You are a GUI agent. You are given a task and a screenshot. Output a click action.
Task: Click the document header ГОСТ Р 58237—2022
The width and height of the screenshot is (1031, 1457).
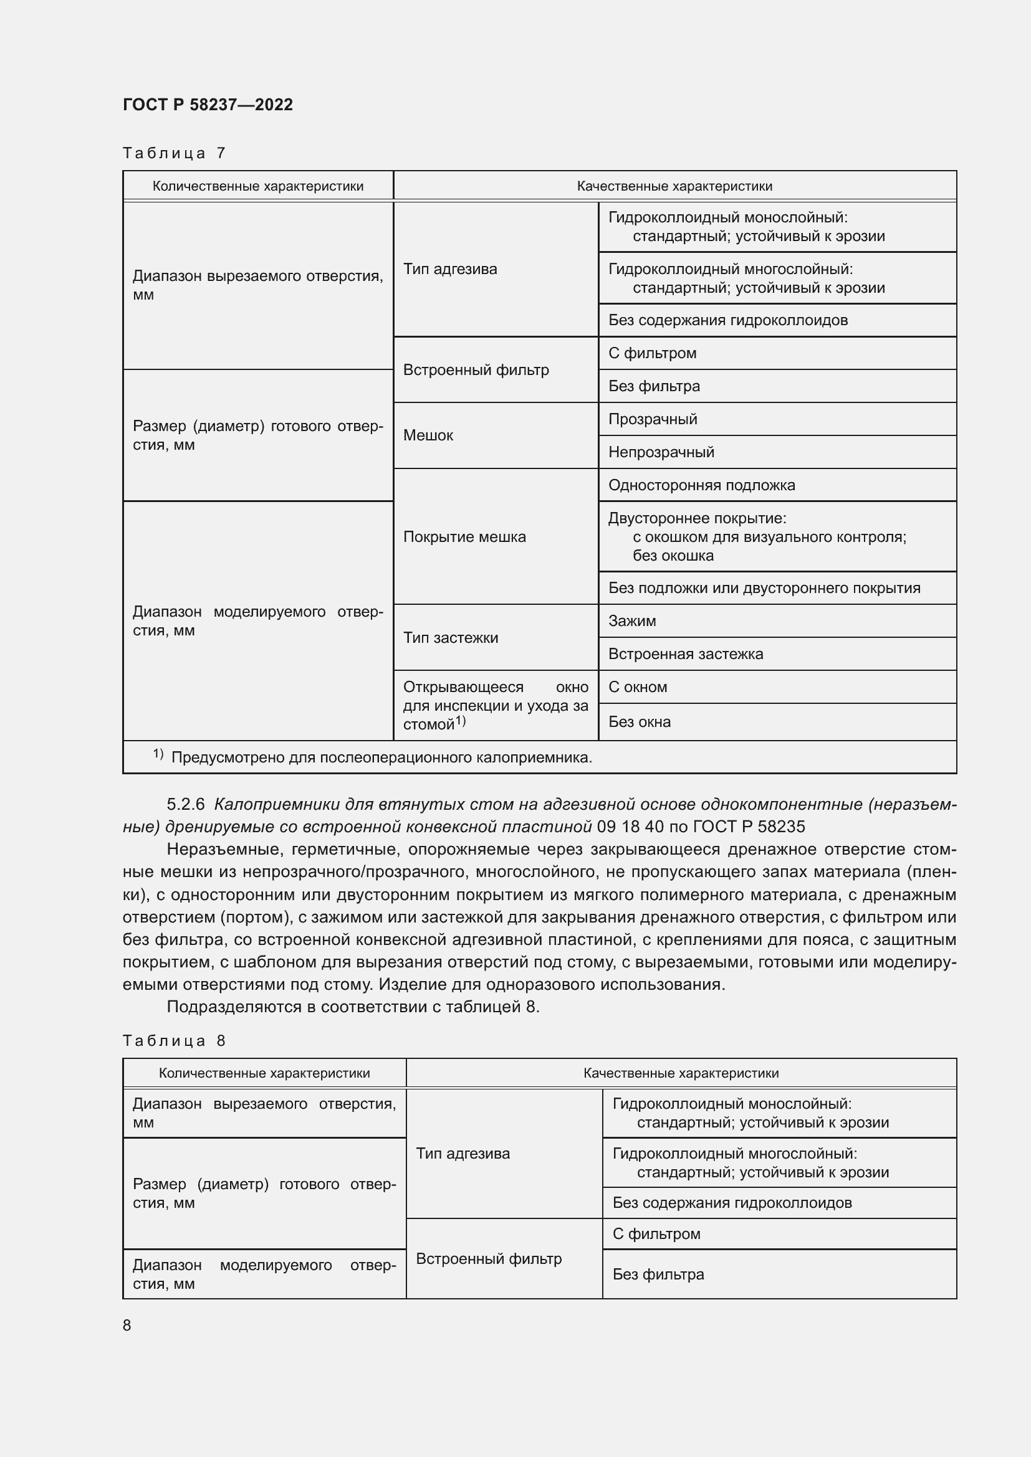[x=208, y=105]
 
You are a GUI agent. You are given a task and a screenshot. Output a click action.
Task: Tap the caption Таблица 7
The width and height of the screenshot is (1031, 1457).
[x=174, y=153]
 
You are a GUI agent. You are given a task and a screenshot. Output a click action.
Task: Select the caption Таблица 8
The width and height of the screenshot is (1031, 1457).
[x=174, y=1041]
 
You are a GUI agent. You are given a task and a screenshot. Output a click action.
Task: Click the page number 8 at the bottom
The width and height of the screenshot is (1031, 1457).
[x=127, y=1325]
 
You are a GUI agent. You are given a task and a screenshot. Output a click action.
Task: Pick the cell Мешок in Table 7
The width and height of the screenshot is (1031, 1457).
[x=428, y=435]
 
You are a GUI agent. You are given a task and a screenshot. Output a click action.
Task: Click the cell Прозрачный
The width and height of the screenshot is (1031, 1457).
[x=653, y=419]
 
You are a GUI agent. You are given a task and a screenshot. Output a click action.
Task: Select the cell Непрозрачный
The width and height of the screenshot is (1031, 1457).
[x=661, y=452]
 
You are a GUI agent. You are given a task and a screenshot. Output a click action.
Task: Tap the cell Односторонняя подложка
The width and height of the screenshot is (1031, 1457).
[x=701, y=485]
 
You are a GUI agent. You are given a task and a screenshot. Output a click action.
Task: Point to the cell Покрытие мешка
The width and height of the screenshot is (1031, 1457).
[x=464, y=537]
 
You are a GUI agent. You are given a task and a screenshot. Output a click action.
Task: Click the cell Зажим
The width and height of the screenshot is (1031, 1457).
[x=631, y=620]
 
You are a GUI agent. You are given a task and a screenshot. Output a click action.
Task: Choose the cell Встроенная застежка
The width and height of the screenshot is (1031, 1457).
[x=686, y=653]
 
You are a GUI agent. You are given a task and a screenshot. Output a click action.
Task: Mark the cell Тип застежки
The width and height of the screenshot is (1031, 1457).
[x=450, y=638]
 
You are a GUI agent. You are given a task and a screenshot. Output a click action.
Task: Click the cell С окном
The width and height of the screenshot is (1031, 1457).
[x=638, y=686]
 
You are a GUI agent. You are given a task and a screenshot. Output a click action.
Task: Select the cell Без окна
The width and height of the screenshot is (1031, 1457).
[x=640, y=721]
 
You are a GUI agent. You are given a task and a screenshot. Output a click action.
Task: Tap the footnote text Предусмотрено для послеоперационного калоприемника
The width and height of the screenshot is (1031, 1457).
[x=381, y=757]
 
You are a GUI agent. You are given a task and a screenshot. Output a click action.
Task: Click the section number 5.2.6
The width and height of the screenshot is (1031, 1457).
[x=185, y=804]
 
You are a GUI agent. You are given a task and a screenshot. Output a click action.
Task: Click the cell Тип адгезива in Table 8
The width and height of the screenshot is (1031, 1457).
[x=462, y=1153]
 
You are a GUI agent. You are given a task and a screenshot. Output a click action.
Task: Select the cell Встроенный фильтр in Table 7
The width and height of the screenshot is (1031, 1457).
[x=476, y=370]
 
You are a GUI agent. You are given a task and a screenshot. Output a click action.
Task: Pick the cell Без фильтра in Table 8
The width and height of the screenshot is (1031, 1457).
[x=658, y=1274]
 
